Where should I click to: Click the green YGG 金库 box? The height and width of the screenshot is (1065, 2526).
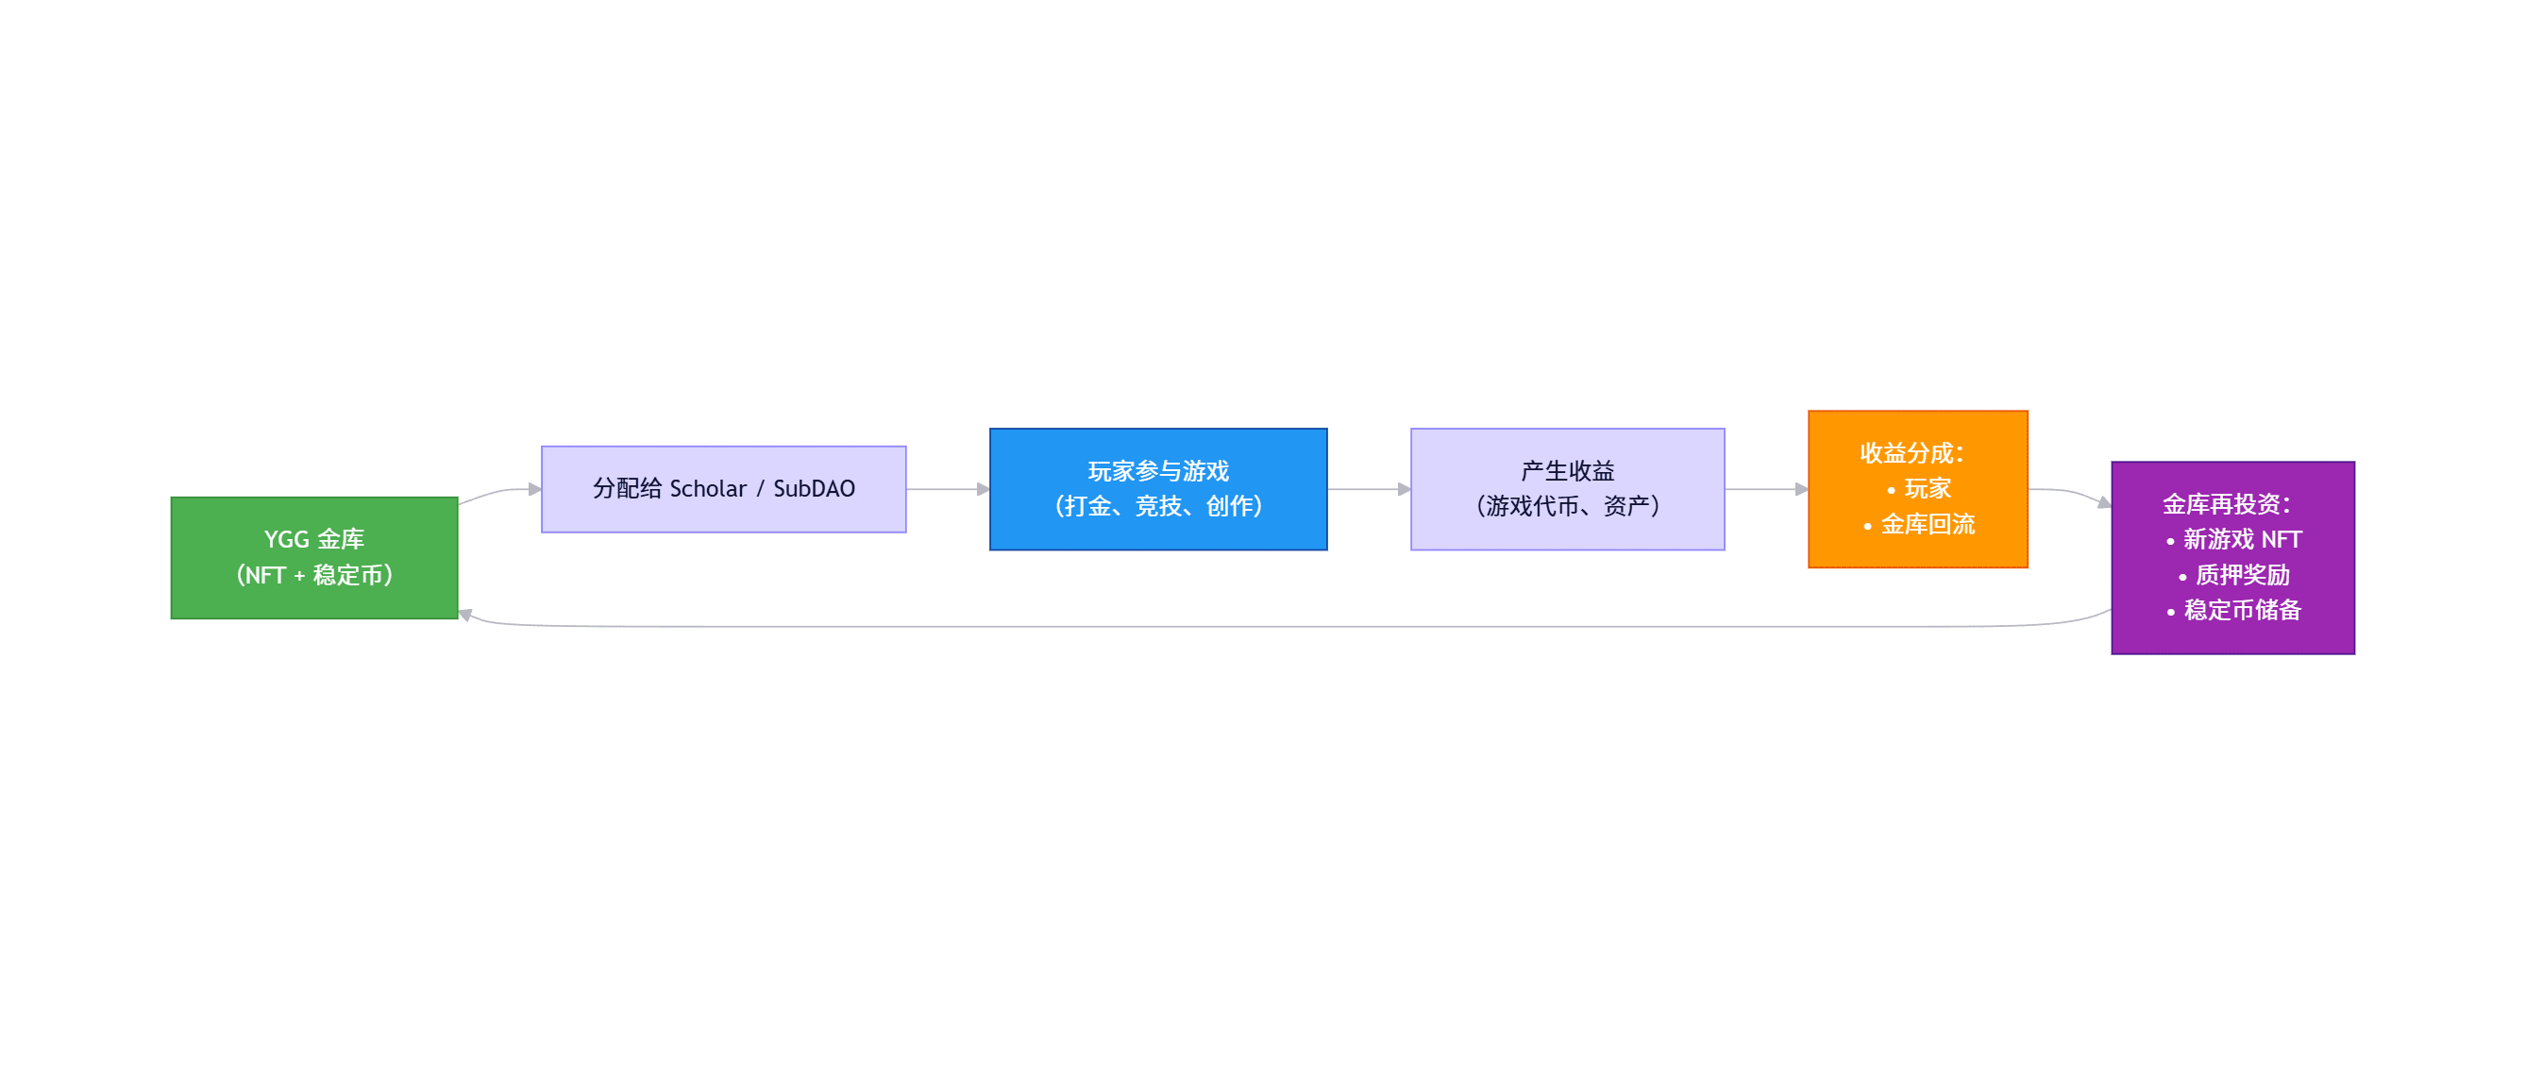coord(313,557)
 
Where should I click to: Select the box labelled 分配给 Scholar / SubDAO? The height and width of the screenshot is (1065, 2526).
coord(723,488)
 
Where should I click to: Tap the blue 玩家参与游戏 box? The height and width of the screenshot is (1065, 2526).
coord(1157,488)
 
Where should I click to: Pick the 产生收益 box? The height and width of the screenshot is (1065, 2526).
coord(1566,488)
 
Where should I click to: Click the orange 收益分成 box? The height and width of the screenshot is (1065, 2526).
coord(1917,488)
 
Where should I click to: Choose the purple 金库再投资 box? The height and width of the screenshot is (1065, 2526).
coord(2231,557)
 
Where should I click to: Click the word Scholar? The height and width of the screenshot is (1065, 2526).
coord(707,488)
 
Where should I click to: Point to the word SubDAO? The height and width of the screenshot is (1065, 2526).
coord(814,488)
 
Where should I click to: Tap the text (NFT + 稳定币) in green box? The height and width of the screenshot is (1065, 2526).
coord(313,575)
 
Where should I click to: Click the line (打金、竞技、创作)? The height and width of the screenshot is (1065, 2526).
coord(1157,506)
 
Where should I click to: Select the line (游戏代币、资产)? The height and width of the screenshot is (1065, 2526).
coord(1566,506)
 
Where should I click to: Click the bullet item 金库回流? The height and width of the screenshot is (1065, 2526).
coord(1927,525)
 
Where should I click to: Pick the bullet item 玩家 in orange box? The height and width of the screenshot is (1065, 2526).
coord(1927,488)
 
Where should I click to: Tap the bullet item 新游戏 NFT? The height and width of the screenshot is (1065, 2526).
coord(2242,539)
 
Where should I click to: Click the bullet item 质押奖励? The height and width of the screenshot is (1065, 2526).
coord(2242,575)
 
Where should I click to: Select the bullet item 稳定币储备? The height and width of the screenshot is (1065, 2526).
coord(2242,610)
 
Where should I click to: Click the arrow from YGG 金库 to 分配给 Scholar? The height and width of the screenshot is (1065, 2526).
coord(499,491)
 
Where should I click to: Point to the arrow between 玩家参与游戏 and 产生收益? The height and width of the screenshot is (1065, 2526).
coord(1368,488)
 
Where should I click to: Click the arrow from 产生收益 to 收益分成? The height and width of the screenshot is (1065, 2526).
coord(1765,488)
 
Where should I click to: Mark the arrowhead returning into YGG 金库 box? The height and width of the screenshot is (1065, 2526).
coord(465,615)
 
